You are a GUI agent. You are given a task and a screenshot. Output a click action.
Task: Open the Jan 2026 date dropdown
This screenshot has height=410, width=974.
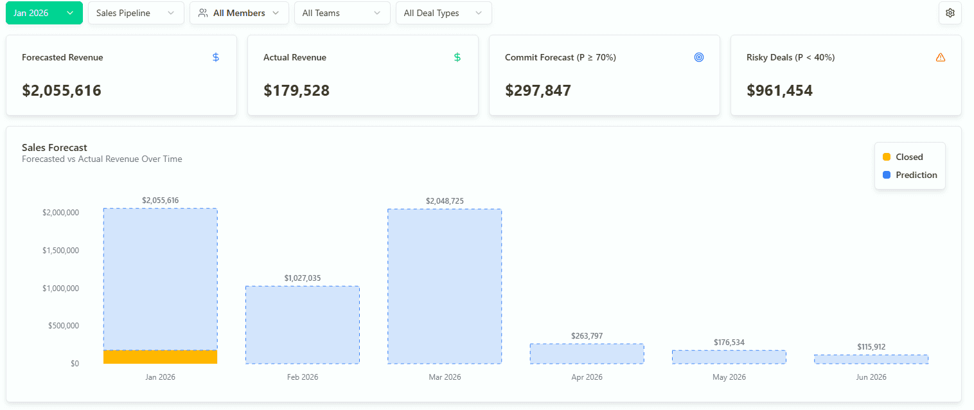coord(44,13)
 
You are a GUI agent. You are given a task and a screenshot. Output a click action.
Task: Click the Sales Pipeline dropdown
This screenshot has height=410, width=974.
coord(136,13)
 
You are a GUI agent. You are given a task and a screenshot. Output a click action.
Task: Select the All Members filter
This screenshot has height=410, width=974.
coord(239,13)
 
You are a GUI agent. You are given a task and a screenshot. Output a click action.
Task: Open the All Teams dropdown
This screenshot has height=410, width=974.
coord(342,13)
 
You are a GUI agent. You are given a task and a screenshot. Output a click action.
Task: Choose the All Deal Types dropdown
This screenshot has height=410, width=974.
coord(443,13)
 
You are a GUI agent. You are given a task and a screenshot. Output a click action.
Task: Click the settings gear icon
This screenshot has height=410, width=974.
coord(950,13)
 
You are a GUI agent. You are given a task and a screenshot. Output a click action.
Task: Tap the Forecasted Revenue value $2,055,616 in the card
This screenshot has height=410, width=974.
coord(62,91)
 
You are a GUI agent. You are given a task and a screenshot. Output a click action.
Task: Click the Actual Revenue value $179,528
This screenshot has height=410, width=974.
coord(296,91)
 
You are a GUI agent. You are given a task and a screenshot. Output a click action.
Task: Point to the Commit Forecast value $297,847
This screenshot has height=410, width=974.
coord(538,91)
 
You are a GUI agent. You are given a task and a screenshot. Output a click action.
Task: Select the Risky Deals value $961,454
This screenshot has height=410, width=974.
coord(779,91)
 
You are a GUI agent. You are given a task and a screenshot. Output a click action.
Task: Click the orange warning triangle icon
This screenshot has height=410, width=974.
coord(941,57)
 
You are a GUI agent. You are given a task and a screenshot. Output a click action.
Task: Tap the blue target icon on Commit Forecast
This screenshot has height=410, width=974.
coord(699,57)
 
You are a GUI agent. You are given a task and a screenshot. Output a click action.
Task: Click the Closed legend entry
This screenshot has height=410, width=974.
coord(903,157)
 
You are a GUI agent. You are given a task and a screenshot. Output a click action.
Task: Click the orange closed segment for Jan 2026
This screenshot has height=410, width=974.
coord(160,357)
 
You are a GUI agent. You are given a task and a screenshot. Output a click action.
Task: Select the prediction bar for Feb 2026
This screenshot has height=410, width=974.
coord(302,325)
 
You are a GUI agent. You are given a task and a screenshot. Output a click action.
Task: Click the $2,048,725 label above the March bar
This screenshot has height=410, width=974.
coord(444,201)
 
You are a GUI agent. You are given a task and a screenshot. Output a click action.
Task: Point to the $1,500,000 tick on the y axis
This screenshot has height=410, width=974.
coord(60,251)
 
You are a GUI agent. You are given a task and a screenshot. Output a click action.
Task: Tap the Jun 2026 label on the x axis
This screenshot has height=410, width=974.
coord(871,377)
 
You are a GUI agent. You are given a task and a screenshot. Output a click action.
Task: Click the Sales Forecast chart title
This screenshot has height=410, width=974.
coord(55,148)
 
